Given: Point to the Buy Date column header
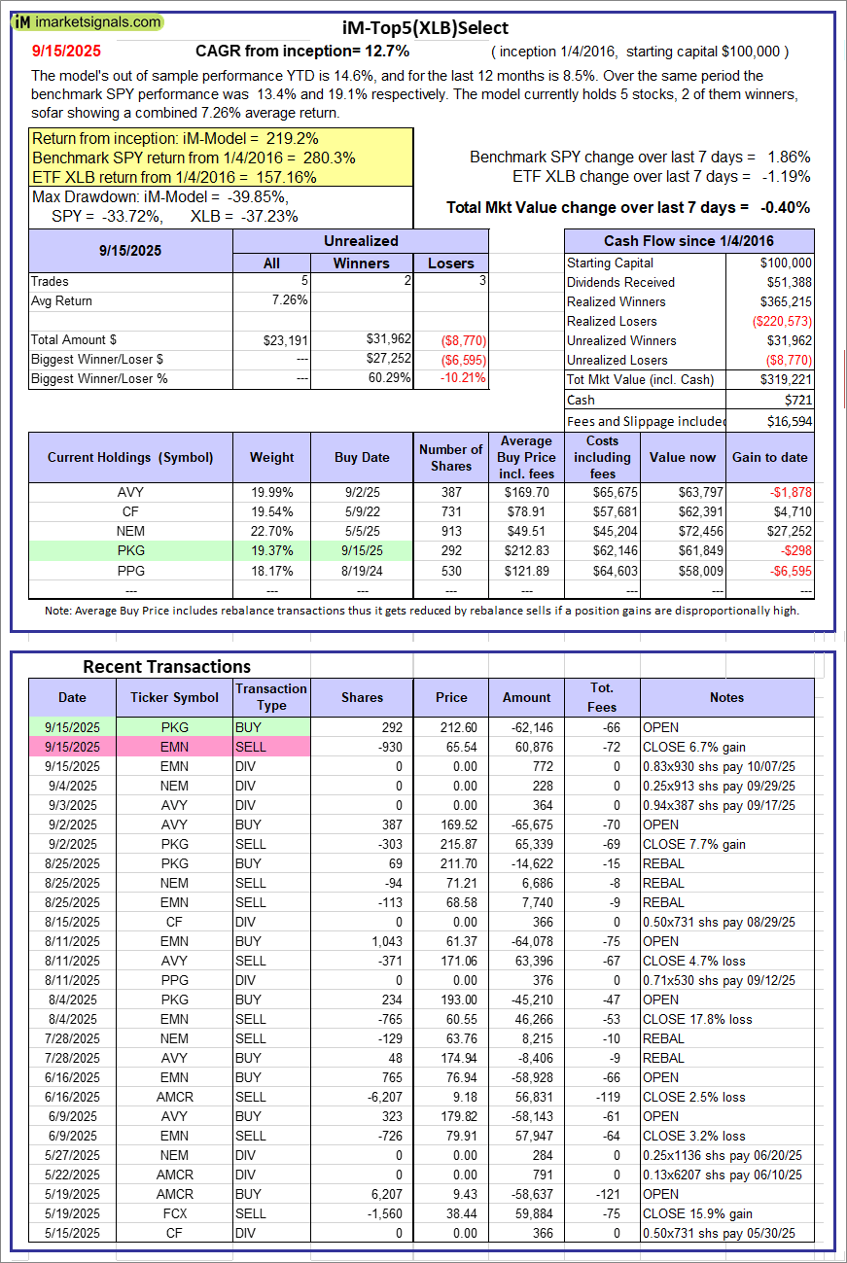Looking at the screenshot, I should (362, 457).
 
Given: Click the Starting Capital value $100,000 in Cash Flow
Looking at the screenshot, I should (786, 263).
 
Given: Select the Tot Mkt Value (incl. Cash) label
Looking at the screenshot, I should (639, 379).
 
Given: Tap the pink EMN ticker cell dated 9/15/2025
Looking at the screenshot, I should (175, 747).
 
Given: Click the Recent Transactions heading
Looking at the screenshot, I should (166, 666).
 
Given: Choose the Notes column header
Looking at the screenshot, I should (726, 697).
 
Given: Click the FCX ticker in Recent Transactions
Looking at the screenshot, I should (175, 1213).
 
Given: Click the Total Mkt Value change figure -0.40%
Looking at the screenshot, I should (785, 207).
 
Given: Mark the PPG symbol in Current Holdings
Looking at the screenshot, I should (129, 570).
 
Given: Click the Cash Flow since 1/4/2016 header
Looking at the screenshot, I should (688, 241).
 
